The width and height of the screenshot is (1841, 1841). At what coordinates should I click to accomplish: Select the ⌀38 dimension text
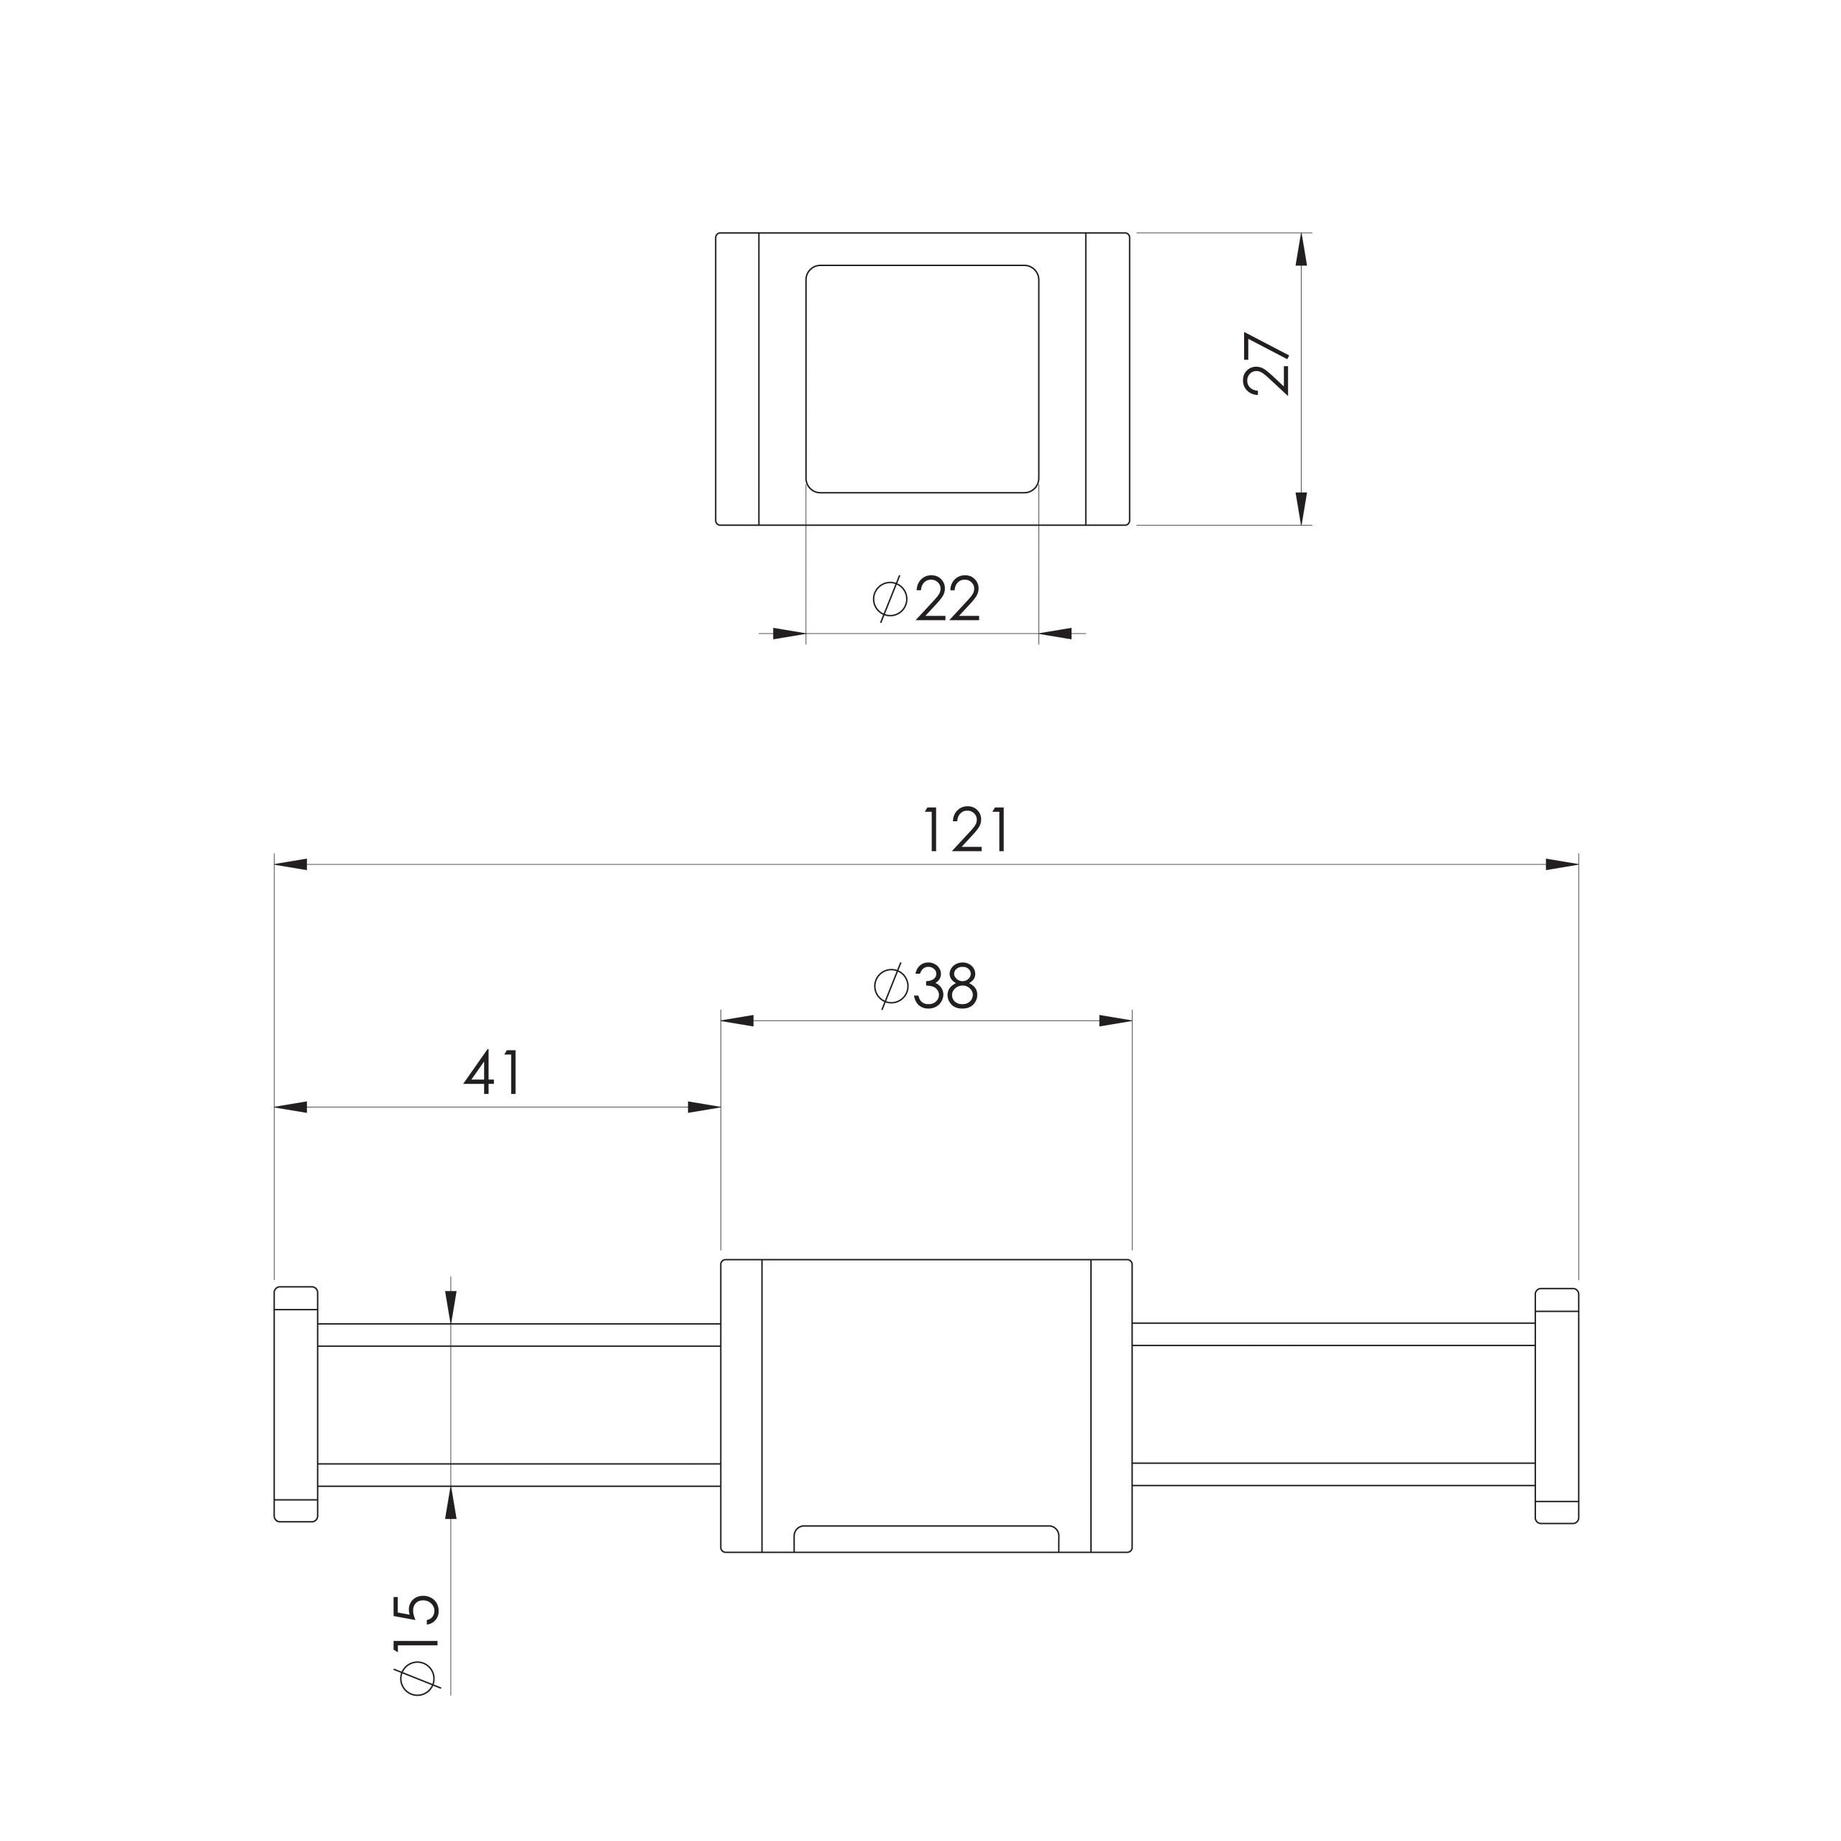point(926,987)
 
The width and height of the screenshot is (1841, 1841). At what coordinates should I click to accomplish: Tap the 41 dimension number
point(493,1073)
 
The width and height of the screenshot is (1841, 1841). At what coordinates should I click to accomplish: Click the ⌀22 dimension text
point(926,599)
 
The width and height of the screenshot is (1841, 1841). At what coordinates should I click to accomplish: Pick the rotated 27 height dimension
point(1266,363)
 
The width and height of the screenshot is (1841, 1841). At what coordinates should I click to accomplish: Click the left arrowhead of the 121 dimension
point(291,864)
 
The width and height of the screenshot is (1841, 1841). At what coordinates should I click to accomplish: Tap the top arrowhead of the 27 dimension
point(1302,250)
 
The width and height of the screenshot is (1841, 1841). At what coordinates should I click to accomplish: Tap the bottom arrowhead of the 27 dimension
point(1302,508)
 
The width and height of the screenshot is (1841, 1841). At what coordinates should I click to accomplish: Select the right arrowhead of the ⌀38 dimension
point(1116,1020)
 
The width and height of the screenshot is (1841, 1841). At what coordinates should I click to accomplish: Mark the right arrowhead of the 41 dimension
point(704,1107)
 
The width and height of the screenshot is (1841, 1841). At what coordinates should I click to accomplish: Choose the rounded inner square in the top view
point(923,379)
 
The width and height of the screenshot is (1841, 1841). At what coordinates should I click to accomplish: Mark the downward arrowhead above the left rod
point(451,1307)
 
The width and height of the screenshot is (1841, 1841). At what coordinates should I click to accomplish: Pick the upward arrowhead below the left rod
point(451,1503)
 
